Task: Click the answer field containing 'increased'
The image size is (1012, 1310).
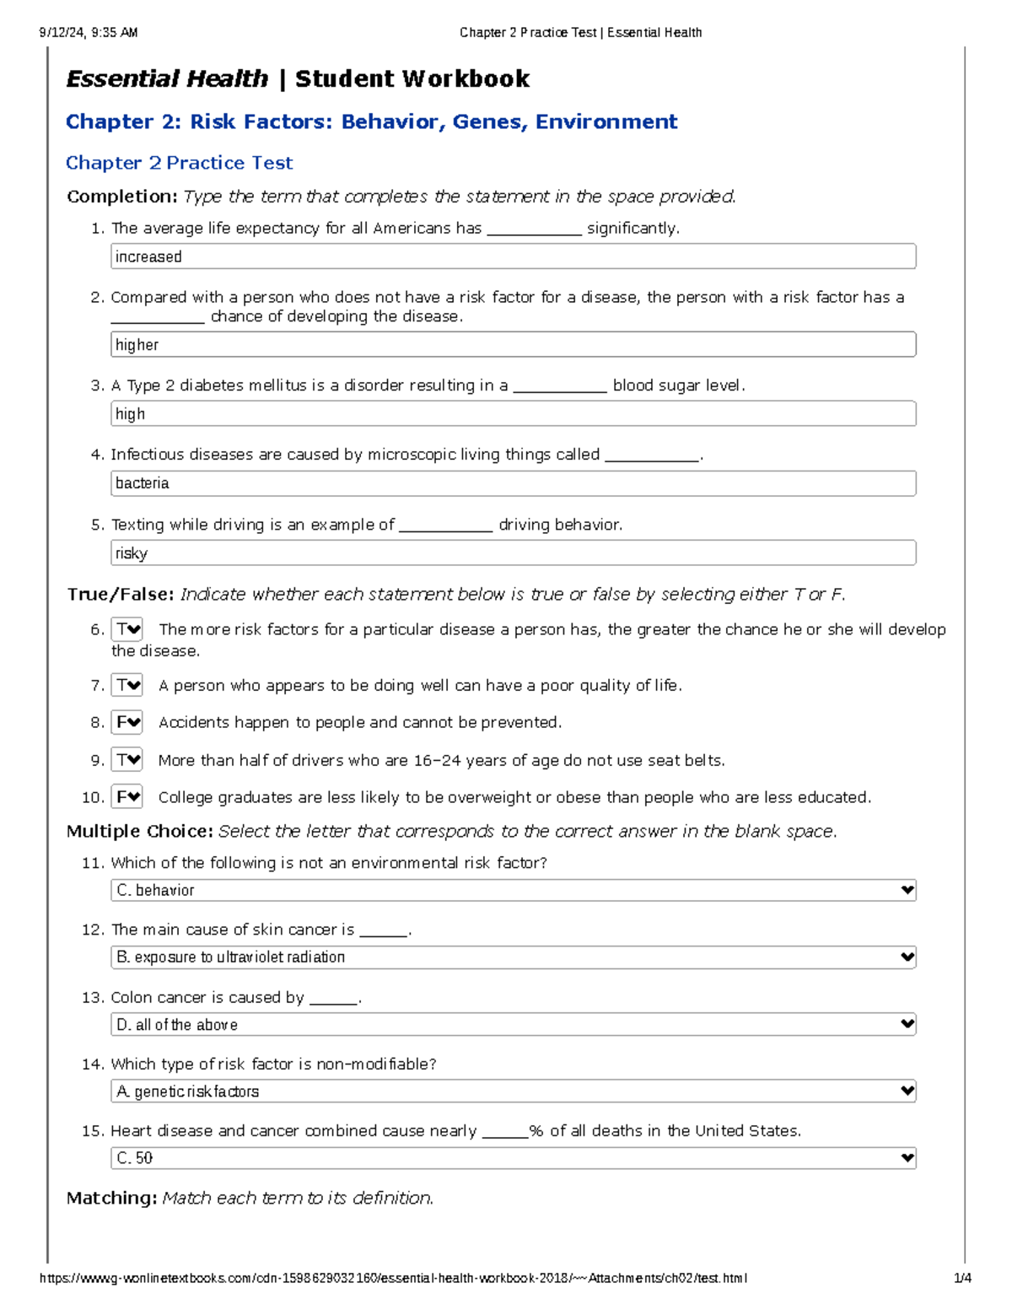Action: tap(513, 256)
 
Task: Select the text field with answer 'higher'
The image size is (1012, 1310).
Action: tap(513, 344)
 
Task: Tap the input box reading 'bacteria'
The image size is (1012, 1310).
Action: tap(513, 483)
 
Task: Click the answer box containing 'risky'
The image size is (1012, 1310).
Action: tap(513, 553)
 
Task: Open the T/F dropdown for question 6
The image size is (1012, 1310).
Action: tap(127, 630)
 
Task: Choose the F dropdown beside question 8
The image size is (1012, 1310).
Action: tap(127, 723)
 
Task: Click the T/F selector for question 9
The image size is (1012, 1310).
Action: tap(127, 760)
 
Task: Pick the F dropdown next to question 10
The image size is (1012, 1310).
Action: tap(127, 797)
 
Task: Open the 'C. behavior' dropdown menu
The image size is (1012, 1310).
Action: tap(513, 891)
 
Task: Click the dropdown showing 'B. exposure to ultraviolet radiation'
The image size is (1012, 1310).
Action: tap(513, 957)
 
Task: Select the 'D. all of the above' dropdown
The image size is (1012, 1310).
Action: tap(513, 1025)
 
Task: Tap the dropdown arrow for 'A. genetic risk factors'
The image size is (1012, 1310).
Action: tap(907, 1092)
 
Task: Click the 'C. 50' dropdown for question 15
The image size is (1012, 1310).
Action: tap(513, 1158)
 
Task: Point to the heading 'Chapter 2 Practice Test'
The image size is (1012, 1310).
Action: tap(180, 163)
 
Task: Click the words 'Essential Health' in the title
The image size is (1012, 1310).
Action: tap(167, 79)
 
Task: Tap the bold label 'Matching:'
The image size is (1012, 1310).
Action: tap(111, 1198)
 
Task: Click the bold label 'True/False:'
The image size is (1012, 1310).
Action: tap(121, 595)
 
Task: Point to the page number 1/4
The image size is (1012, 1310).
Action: tap(962, 1278)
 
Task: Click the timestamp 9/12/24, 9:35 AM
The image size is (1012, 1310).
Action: tap(89, 33)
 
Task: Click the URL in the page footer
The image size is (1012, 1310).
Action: tap(393, 1278)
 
